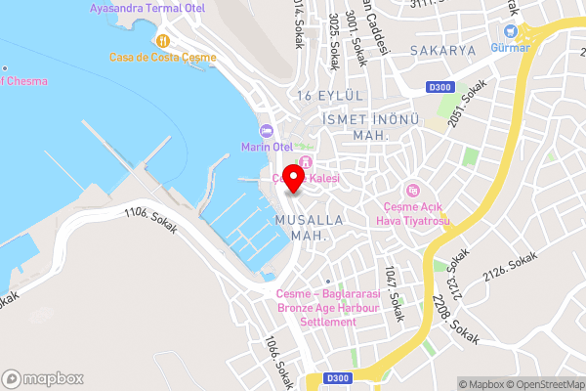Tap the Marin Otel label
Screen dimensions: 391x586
[268, 147]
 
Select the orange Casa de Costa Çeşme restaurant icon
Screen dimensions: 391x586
[162, 40]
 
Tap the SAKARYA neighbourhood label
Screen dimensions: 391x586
[442, 50]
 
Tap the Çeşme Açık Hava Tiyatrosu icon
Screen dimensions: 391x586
[412, 189]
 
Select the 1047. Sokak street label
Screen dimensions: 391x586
[393, 293]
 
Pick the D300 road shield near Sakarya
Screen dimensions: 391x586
[439, 87]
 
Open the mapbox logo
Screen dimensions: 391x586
[43, 378]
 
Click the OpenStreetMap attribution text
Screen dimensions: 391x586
[543, 383]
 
